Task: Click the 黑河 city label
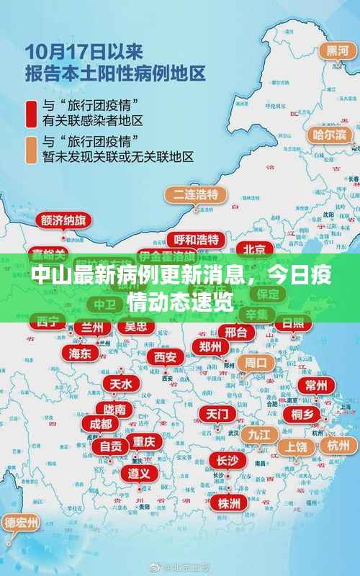[x=333, y=50]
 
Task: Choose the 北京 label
[x=255, y=249]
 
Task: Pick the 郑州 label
[x=210, y=346]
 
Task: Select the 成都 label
[x=101, y=423]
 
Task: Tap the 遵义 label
[x=139, y=473]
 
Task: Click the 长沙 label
[x=227, y=460]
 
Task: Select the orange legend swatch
[x=32, y=148]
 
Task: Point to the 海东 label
[x=80, y=353]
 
